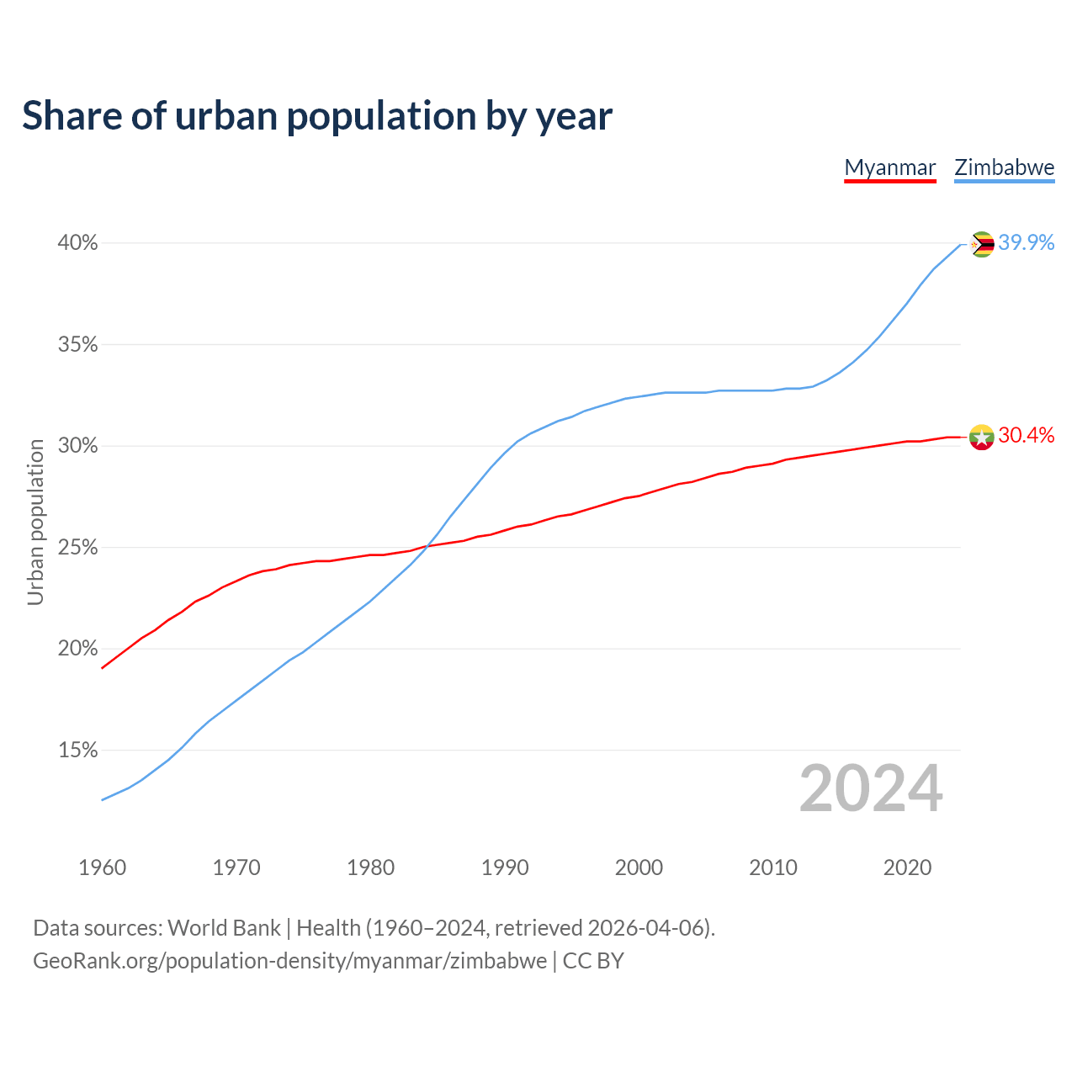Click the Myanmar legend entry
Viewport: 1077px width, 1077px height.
pyautogui.click(x=890, y=167)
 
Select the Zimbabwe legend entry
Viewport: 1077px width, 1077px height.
pyautogui.click(x=1004, y=167)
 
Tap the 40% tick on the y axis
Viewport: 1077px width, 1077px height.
pyautogui.click(x=77, y=243)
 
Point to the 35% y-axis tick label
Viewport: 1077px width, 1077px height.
pyautogui.click(x=77, y=345)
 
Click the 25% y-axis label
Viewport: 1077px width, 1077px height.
pyautogui.click(x=77, y=548)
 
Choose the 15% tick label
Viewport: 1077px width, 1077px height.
pyautogui.click(x=77, y=751)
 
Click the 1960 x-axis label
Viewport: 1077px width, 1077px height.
pyautogui.click(x=102, y=867)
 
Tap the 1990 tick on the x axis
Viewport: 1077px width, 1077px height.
pyautogui.click(x=505, y=867)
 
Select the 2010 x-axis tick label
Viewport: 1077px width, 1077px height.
pyautogui.click(x=773, y=867)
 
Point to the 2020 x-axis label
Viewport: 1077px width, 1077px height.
pyautogui.click(x=907, y=867)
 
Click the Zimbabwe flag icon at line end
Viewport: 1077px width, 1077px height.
pyautogui.click(x=982, y=244)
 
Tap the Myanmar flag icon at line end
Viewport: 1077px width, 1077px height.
pyautogui.click(x=982, y=437)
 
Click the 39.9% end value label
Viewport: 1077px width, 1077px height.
pyautogui.click(x=1027, y=242)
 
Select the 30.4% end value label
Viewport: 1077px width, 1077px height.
pyautogui.click(x=1027, y=435)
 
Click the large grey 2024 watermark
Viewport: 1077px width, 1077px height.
pyautogui.click(x=871, y=788)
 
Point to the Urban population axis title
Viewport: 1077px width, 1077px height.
pyautogui.click(x=35, y=522)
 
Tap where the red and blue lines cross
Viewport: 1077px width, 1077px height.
pyautogui.click(x=427, y=546)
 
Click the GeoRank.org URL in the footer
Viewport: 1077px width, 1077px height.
pyautogui.click(x=289, y=961)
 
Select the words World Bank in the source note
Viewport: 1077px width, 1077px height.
pyautogui.click(x=224, y=928)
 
